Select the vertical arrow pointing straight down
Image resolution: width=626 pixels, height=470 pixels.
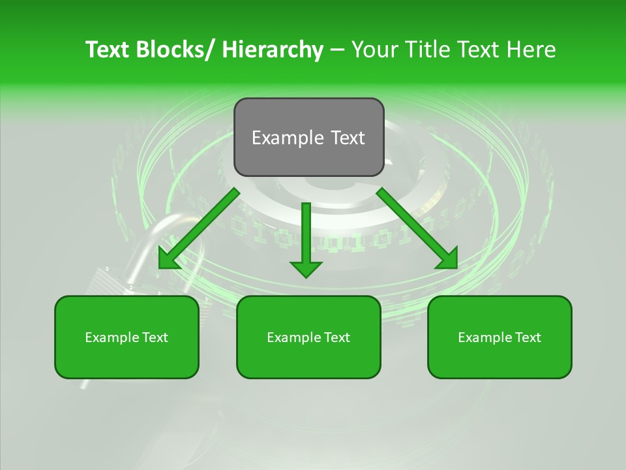click(306, 235)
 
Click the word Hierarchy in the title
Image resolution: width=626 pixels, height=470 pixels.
click(273, 50)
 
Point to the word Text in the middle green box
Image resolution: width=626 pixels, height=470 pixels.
click(335, 337)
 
